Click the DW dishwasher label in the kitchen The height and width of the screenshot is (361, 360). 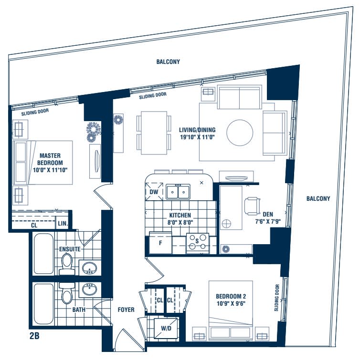(153, 192)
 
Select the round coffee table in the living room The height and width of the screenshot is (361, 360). (240, 132)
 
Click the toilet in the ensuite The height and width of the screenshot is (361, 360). (66, 263)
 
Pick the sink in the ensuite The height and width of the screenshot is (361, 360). (88, 269)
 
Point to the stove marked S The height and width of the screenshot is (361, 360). (197, 241)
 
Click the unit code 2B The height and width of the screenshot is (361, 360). (34, 336)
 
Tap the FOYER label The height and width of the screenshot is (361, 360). (126, 310)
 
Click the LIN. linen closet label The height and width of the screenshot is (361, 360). (62, 224)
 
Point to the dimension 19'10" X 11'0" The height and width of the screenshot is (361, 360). (197, 137)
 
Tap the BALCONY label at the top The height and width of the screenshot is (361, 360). (168, 62)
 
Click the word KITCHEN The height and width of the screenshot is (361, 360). (179, 216)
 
